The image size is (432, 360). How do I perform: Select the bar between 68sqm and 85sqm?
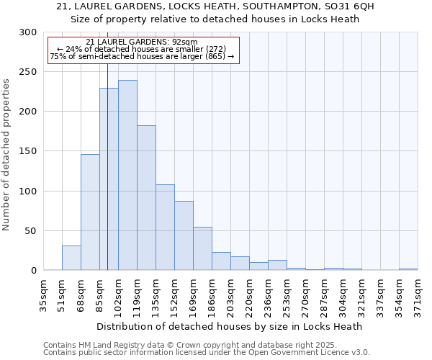pyautogui.click(x=90, y=212)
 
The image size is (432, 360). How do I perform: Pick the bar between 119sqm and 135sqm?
pyautogui.click(x=146, y=198)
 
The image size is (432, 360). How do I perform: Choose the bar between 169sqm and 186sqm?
pyautogui.click(x=202, y=248)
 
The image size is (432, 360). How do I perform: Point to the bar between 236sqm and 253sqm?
pyautogui.click(x=277, y=265)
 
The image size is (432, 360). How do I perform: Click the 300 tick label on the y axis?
pyautogui.click(x=28, y=32)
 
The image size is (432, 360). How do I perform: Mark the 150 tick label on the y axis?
pyautogui.click(x=28, y=151)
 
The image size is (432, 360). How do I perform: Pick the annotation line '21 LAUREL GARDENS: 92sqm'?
pyautogui.click(x=141, y=42)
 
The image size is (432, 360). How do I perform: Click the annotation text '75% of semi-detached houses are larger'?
pyautogui.click(x=141, y=57)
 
